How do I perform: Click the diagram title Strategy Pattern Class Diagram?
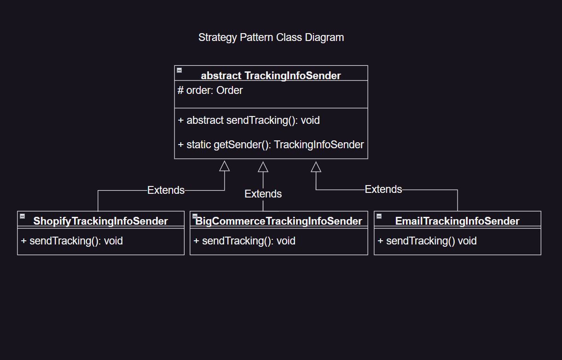(x=271, y=37)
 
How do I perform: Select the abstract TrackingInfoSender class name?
(x=271, y=75)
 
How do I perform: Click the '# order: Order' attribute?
(x=210, y=91)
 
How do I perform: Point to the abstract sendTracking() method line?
(x=249, y=121)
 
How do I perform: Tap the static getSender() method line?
(x=271, y=145)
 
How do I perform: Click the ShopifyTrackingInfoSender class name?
(x=100, y=221)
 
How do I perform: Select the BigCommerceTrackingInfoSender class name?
(x=279, y=221)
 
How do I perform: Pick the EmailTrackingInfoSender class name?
(x=457, y=221)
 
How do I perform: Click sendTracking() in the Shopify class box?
(x=72, y=241)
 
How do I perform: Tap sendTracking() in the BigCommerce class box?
(x=244, y=241)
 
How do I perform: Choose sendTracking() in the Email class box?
(x=427, y=241)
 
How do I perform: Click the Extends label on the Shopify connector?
(x=166, y=190)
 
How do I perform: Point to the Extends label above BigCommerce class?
(x=263, y=194)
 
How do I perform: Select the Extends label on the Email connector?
(x=383, y=189)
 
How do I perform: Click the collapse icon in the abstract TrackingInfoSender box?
(x=180, y=70)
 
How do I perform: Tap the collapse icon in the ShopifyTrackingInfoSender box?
(x=22, y=216)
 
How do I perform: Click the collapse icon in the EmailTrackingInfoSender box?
(x=379, y=216)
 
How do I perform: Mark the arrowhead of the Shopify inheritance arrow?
(x=225, y=166)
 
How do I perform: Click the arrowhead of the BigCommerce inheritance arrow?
(x=263, y=167)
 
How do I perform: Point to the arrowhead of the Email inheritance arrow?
(x=316, y=167)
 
